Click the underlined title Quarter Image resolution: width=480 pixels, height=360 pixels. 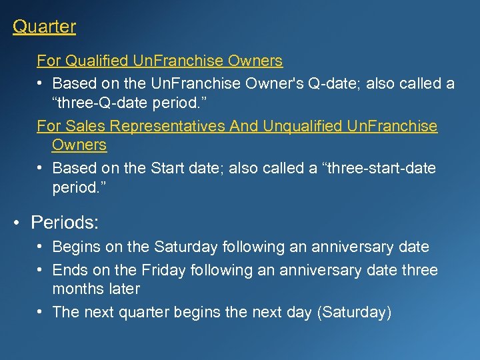click(x=44, y=27)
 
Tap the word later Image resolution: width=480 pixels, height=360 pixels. click(x=123, y=289)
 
